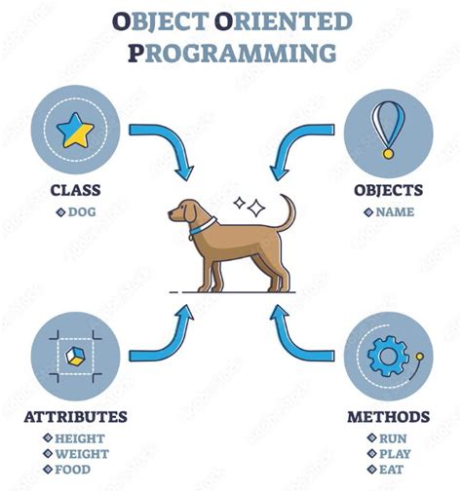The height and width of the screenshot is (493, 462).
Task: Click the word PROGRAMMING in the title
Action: click(x=231, y=52)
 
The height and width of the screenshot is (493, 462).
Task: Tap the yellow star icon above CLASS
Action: click(x=75, y=130)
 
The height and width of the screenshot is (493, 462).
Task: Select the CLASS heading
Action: click(x=74, y=190)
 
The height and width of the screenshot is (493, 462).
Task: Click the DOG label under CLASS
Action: click(x=80, y=211)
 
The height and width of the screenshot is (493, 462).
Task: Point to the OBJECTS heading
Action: click(x=388, y=190)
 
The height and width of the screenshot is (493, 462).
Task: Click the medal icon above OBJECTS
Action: click(x=387, y=128)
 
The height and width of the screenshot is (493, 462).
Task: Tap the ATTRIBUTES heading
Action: click(x=75, y=417)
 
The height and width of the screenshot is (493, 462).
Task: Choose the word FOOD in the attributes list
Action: click(x=73, y=469)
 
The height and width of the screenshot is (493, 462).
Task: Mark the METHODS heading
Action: click(x=388, y=417)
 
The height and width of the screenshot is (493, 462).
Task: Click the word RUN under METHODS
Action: click(x=394, y=438)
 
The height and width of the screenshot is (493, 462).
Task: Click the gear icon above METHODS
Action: click(x=387, y=357)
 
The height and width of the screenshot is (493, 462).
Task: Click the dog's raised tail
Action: click(x=288, y=209)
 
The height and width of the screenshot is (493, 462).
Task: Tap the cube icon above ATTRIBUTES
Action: click(x=75, y=357)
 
